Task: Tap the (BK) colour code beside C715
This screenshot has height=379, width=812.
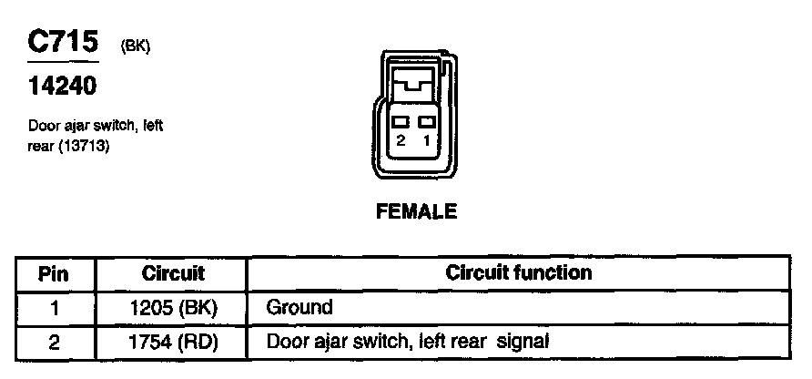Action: tap(135, 48)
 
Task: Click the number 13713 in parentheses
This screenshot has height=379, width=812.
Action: tap(84, 144)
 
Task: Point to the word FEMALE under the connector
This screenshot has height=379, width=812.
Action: tap(416, 212)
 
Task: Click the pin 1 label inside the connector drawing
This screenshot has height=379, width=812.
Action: tap(426, 141)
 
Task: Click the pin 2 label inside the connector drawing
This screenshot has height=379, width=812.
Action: tap(400, 141)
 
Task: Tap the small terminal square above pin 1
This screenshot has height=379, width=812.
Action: tap(426, 121)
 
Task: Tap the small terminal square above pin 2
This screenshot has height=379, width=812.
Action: tap(400, 121)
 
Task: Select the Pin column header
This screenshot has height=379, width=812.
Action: tap(55, 273)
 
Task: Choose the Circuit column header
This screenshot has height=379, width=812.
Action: tap(173, 273)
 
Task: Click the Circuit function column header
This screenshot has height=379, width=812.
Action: tap(518, 272)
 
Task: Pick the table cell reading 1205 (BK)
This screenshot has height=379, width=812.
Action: tap(173, 308)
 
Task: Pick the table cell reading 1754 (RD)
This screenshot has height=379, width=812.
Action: tap(173, 343)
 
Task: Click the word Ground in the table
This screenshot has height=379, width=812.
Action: tap(299, 308)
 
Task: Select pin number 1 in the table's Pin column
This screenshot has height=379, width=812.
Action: tap(55, 308)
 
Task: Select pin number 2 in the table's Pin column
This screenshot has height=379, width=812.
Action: tap(55, 343)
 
